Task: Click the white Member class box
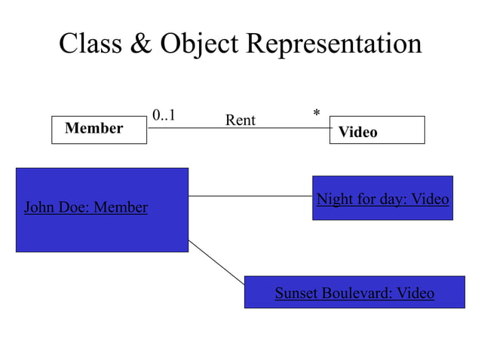tap(99, 130)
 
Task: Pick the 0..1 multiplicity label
tap(164, 115)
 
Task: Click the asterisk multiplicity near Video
tap(317, 114)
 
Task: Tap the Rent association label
tap(240, 121)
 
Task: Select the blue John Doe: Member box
tap(102, 226)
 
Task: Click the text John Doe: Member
tap(86, 207)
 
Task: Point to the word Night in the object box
tap(333, 200)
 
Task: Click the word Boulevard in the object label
tap(357, 293)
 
